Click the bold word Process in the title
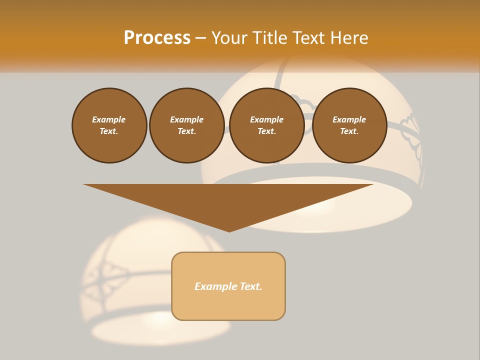pos(157,38)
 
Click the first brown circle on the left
pos(109,125)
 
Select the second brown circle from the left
pos(187,125)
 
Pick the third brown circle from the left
pos(267,125)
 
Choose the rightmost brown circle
pos(349,125)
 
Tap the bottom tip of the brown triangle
pos(229,230)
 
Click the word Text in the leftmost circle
pos(109,131)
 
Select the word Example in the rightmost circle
pos(349,119)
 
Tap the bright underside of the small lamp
pos(160,320)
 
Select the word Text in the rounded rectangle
pos(250,286)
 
